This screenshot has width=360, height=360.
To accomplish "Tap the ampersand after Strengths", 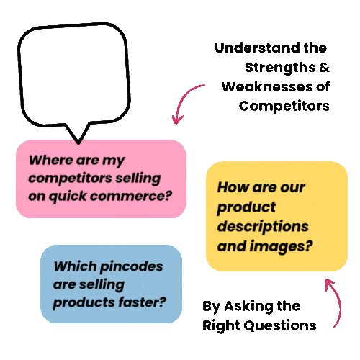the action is tap(324, 68).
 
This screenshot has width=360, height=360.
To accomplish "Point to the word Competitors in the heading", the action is tap(284, 106).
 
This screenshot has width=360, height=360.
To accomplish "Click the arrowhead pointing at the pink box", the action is tap(177, 120).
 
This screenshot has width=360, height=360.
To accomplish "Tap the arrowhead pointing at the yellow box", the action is tap(329, 284).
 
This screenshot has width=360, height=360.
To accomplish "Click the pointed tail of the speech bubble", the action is tap(78, 143).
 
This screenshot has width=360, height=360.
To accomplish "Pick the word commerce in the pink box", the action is tap(131, 196).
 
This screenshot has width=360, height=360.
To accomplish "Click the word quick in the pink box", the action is tap(67, 197).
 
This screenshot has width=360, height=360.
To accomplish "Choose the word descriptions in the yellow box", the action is tap(263, 227).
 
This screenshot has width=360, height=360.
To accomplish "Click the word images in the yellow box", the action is tap(281, 246).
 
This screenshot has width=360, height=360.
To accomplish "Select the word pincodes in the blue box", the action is tap(131, 266).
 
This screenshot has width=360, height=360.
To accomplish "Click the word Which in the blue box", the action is tap(75, 266).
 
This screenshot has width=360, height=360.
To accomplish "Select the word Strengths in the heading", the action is tap(280, 68).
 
